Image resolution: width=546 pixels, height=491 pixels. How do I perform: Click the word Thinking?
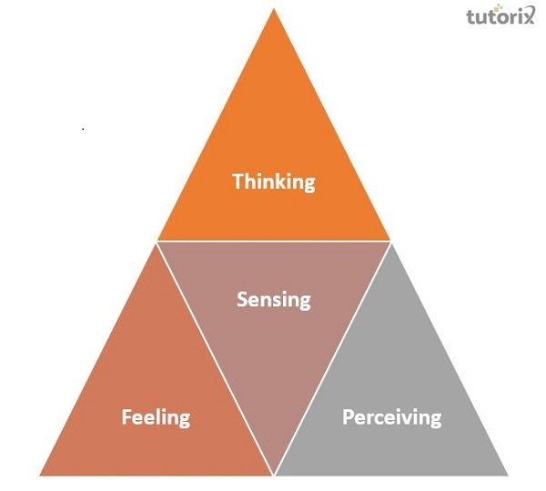click(x=274, y=181)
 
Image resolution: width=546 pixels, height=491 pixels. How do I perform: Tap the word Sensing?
click(x=274, y=298)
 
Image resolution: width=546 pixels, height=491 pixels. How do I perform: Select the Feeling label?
click(x=157, y=417)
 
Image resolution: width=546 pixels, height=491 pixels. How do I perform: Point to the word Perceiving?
click(x=391, y=417)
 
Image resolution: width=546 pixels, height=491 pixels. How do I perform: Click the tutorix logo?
click(x=500, y=18)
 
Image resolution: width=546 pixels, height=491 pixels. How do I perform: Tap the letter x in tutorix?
click(x=530, y=18)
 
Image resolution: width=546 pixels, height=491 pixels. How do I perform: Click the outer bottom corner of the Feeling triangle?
click(x=39, y=475)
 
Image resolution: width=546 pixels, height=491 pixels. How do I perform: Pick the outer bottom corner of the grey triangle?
click(x=508, y=475)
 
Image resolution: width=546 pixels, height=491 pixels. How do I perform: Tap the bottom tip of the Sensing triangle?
click(x=274, y=474)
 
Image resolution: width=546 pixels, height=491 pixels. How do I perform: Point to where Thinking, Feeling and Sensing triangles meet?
click(x=157, y=241)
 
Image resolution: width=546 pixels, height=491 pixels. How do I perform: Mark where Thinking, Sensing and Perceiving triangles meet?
click(x=390, y=241)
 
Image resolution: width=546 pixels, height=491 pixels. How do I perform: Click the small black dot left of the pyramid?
click(x=83, y=129)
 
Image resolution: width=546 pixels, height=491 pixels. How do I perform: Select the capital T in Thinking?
click(x=238, y=180)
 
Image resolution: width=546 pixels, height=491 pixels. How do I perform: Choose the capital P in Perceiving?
click(x=348, y=417)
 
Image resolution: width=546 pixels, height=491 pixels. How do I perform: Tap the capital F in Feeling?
click(x=126, y=417)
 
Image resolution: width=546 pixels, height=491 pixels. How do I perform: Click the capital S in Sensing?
click(x=242, y=298)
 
